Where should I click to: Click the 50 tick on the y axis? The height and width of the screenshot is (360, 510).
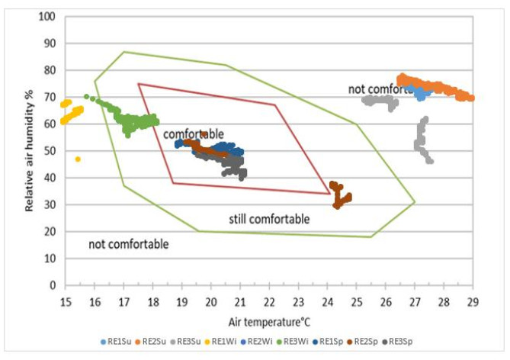tap(50, 151)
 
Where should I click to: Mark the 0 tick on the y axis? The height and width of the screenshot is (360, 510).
tap(53, 285)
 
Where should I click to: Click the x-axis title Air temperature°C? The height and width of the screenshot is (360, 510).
tap(268, 321)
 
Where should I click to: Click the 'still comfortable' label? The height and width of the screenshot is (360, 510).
tap(269, 220)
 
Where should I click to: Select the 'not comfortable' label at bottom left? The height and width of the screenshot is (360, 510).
tap(128, 244)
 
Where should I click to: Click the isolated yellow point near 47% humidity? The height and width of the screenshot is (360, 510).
tap(78, 159)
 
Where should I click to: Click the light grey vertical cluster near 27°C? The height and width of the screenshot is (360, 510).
tap(422, 141)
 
